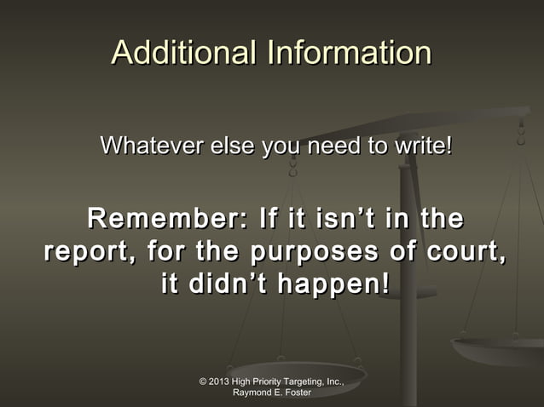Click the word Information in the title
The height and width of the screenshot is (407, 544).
(350, 54)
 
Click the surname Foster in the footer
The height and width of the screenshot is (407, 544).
(298, 393)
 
